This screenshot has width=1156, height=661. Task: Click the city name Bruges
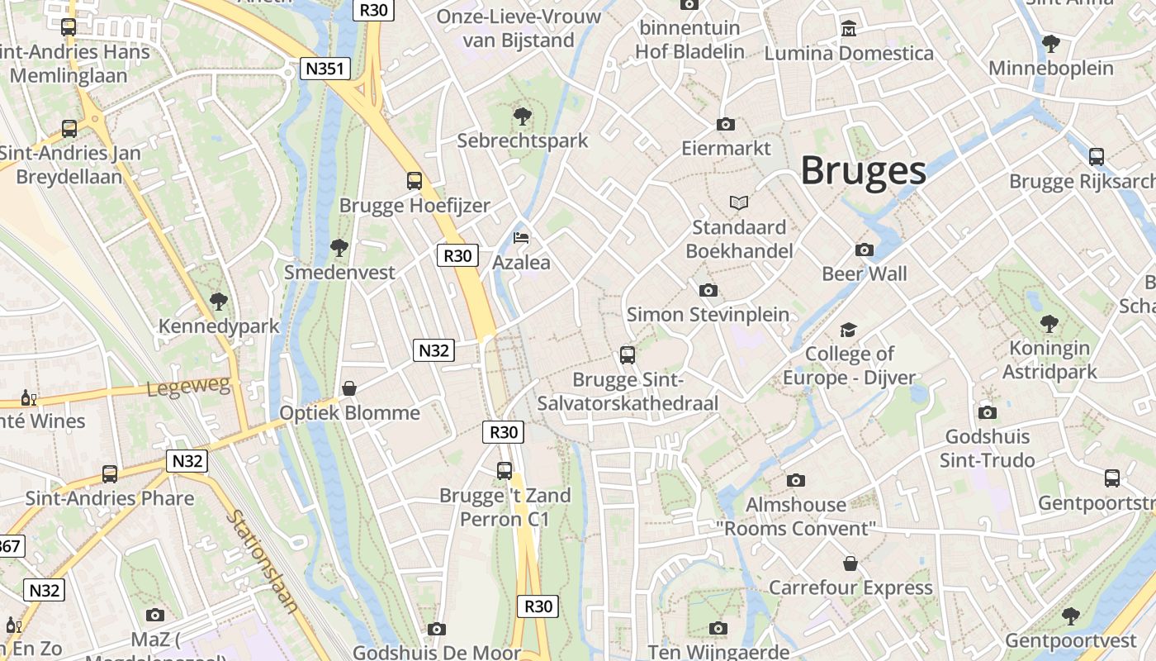(x=863, y=171)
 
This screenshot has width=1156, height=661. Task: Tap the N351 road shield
(x=323, y=69)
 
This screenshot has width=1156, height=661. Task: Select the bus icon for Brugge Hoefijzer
(x=415, y=180)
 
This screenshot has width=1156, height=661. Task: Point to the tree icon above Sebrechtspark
(x=522, y=116)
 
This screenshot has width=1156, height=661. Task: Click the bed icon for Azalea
(x=521, y=238)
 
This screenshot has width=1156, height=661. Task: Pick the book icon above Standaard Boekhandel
(x=738, y=202)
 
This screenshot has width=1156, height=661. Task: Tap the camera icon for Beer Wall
(x=865, y=250)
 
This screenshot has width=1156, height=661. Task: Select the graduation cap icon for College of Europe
(x=848, y=330)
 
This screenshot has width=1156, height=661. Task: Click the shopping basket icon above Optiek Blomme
(x=349, y=388)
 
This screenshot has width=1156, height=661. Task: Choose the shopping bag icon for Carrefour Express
(x=850, y=564)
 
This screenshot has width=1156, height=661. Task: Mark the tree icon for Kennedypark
(x=219, y=302)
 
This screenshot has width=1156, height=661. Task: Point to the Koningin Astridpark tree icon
(x=1049, y=323)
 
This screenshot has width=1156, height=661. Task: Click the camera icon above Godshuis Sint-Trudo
(x=987, y=412)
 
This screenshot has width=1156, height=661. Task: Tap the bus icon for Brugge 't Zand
(x=505, y=471)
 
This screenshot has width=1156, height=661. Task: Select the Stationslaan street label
(x=263, y=561)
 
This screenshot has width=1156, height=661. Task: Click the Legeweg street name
(x=188, y=387)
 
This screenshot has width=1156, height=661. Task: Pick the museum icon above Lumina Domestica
(x=848, y=30)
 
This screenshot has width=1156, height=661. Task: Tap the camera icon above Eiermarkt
(x=726, y=125)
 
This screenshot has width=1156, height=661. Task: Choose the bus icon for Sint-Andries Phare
(x=110, y=474)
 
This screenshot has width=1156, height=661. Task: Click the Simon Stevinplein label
(x=708, y=315)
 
